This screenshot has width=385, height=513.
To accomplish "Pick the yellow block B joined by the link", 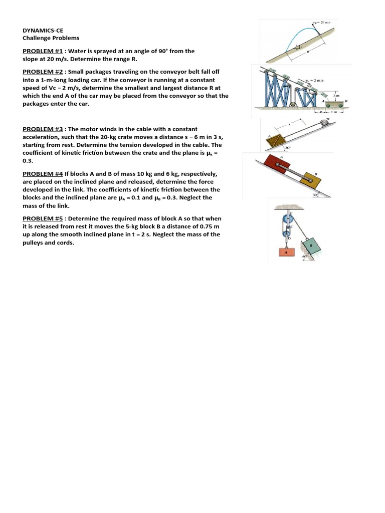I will click(x=314, y=181).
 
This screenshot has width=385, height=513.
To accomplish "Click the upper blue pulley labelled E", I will click(x=285, y=219).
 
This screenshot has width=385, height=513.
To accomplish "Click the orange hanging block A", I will click(x=286, y=253).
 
